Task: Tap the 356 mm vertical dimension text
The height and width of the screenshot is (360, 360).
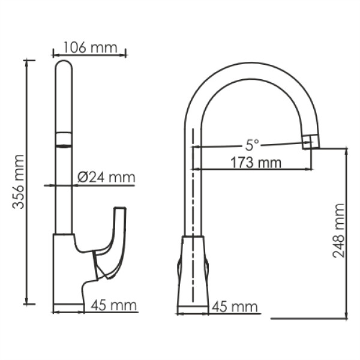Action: (19, 181)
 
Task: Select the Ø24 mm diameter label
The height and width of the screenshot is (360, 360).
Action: (106, 177)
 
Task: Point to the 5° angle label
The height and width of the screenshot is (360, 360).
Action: (251, 145)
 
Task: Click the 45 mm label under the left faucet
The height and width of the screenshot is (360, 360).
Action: (114, 306)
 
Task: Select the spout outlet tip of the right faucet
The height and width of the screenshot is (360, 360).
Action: (310, 143)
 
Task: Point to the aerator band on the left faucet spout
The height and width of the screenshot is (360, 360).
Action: (63, 139)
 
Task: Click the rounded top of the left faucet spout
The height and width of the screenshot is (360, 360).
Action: (63, 65)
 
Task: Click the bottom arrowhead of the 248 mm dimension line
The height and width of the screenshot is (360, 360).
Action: (346, 316)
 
